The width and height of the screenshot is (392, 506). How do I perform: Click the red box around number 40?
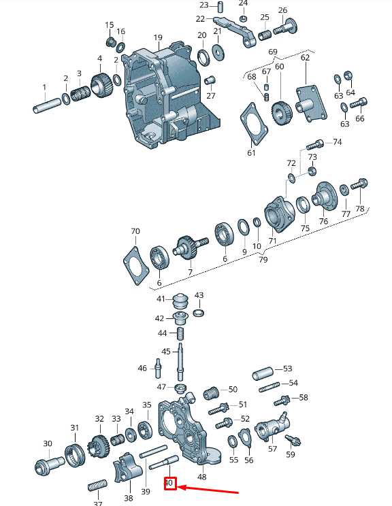tap(170, 484)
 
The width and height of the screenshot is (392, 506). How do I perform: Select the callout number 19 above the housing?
tap(158, 38)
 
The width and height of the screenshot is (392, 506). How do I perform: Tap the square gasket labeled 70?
tap(136, 266)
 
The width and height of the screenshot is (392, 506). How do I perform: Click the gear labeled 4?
tap(101, 85)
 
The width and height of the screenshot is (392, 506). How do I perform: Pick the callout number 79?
tap(263, 259)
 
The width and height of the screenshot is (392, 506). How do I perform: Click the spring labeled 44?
tap(180, 335)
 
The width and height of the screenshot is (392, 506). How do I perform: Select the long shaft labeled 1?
tap(47, 105)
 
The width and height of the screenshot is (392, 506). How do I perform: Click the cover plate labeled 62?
tap(311, 103)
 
